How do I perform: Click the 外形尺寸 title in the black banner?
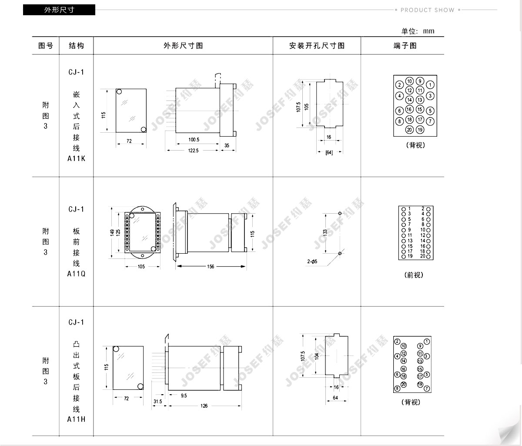pyautogui.click(x=59, y=10)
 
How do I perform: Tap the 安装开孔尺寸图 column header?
pyautogui.click(x=317, y=46)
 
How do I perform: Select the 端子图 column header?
pyautogui.click(x=405, y=46)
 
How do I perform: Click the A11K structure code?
pyautogui.click(x=76, y=158)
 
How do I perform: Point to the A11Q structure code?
pyautogui.click(x=76, y=274)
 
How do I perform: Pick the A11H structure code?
pyautogui.click(x=76, y=419)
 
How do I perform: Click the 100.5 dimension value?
pyautogui.click(x=194, y=139)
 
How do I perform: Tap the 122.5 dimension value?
pyautogui.click(x=193, y=151)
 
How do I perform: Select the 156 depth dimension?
pyautogui.click(x=211, y=266)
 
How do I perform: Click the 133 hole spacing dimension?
pyautogui.click(x=325, y=233)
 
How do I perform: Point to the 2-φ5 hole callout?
pyautogui.click(x=312, y=262)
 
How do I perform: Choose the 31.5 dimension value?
pyautogui.click(x=157, y=401)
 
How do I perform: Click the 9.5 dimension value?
pyautogui.click(x=184, y=396)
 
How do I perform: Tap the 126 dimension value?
pyautogui.click(x=204, y=406)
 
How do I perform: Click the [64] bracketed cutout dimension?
pyautogui.click(x=329, y=153)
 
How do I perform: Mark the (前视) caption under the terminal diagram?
pyautogui.click(x=414, y=275)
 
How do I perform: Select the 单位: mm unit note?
pyautogui.click(x=418, y=31)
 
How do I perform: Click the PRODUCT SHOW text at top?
pyautogui.click(x=427, y=10)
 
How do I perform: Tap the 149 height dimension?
pyautogui.click(x=112, y=233)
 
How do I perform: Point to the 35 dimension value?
pyautogui.click(x=227, y=145)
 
